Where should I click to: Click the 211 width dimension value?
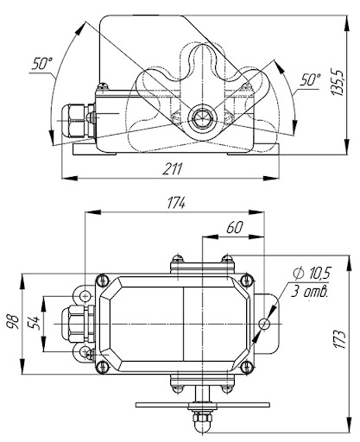coord(173,169)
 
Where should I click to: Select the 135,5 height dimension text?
coord(338,82)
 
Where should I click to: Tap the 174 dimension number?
coord(176,203)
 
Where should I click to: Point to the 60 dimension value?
coord(235,228)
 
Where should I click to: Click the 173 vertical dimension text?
coord(339,339)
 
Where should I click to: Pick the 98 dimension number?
coord(14,322)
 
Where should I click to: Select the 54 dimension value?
coord(33,324)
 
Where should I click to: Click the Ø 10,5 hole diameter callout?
coord(312,273)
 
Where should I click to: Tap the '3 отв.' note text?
coord(309,291)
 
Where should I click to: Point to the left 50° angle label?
coord(42,63)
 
